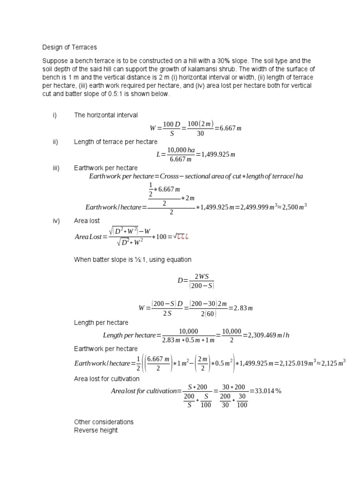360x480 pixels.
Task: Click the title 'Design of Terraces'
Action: (x=69, y=47)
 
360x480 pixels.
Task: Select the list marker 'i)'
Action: (x=54, y=115)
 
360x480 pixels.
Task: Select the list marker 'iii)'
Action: (x=55, y=168)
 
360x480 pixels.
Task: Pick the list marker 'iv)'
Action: (x=55, y=221)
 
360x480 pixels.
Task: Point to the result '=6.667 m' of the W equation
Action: (x=229, y=128)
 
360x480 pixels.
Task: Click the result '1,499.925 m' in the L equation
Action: (x=218, y=155)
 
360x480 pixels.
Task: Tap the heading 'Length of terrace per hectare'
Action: (x=116, y=142)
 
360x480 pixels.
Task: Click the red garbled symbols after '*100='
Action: (x=180, y=236)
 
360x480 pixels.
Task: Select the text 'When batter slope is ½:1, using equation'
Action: (x=133, y=260)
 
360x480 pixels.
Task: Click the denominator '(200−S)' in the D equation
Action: (x=202, y=285)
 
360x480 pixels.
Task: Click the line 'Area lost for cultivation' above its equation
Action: (x=107, y=379)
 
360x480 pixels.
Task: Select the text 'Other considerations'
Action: (x=104, y=422)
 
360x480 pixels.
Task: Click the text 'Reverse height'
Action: (x=96, y=430)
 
